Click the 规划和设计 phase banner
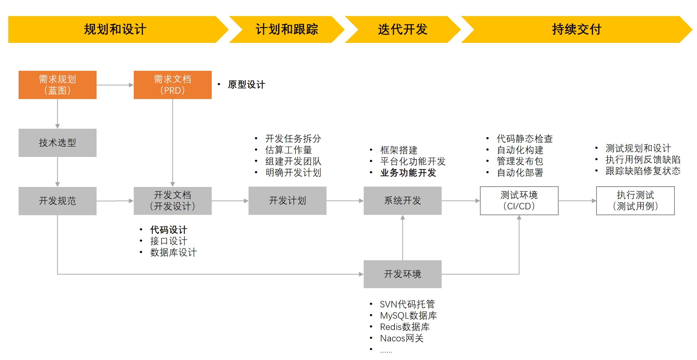point(115,29)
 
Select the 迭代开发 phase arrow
point(403,29)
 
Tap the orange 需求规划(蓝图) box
point(58,85)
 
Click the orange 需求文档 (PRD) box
point(172,85)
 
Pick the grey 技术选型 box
point(58,143)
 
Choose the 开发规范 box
point(58,201)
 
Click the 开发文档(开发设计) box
point(172,201)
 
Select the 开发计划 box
point(287,201)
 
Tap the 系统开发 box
point(402,201)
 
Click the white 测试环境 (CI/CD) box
point(519,201)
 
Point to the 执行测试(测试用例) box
point(635,201)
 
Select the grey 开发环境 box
point(402,274)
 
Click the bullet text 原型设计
point(246,85)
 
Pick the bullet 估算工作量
point(289,150)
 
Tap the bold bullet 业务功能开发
point(408,173)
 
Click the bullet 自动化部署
point(520,173)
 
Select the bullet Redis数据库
point(404,327)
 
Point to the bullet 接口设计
point(168,241)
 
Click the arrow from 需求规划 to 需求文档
point(115,85)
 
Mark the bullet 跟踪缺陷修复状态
point(643,171)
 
